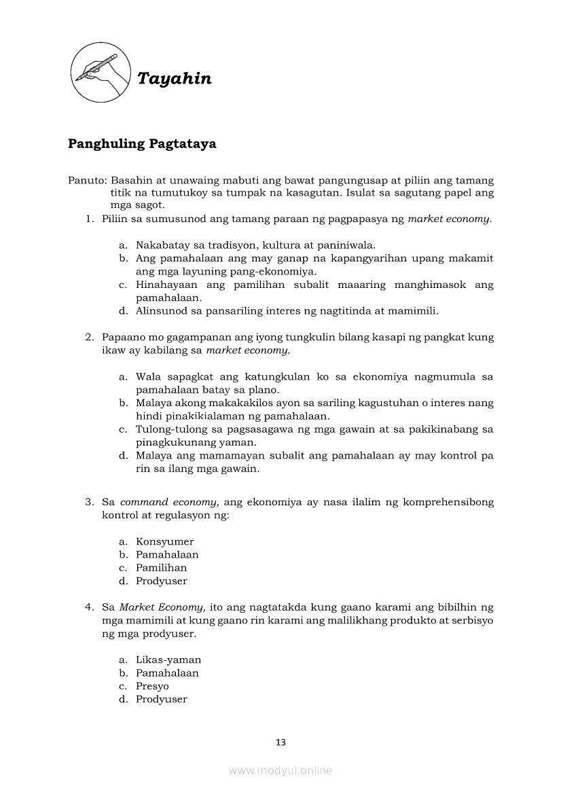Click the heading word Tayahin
tap(175, 79)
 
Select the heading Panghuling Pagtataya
tap(142, 143)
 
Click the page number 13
tap(280, 742)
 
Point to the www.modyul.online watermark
tap(280, 770)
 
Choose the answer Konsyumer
tap(164, 541)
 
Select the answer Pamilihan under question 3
tap(161, 568)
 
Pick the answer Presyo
tap(152, 686)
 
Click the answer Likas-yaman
tap(168, 660)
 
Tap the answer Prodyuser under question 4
tap(161, 699)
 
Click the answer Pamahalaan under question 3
tap(167, 554)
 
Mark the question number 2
tap(88, 337)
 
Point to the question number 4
tap(88, 607)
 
